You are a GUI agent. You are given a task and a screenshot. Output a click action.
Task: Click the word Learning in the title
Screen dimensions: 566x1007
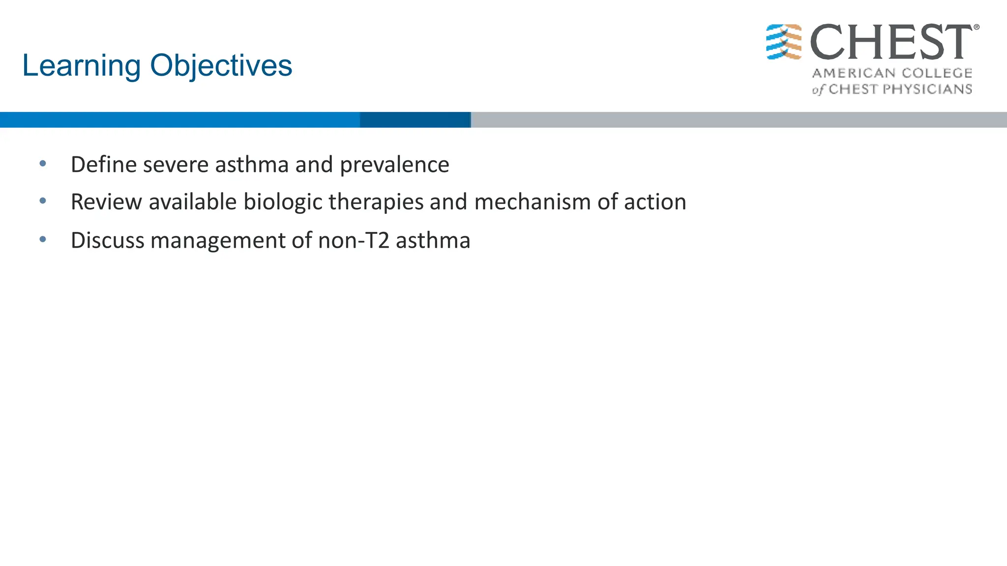[x=81, y=66]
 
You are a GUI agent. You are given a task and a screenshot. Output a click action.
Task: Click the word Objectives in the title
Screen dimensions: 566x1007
[x=221, y=66]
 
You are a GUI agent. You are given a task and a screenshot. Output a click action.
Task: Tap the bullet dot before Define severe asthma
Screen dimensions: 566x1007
[x=43, y=163]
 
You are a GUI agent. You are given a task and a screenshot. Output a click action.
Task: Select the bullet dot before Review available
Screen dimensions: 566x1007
[x=43, y=200]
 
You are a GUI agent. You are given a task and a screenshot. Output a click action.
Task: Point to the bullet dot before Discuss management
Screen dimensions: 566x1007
[x=43, y=239]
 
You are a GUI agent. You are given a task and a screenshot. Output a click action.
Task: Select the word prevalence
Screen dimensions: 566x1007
[x=394, y=165]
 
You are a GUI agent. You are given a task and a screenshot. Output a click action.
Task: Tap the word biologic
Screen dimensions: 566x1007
[x=282, y=202]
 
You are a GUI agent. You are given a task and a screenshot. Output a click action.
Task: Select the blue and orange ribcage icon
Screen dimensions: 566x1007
[x=784, y=42]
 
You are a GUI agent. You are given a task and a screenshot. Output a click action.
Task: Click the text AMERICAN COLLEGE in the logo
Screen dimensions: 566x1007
[x=892, y=73]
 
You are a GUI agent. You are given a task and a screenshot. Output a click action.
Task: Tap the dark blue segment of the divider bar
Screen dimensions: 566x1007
[x=415, y=120]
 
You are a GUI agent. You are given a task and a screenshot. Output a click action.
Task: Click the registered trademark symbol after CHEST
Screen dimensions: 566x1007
[x=976, y=28]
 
